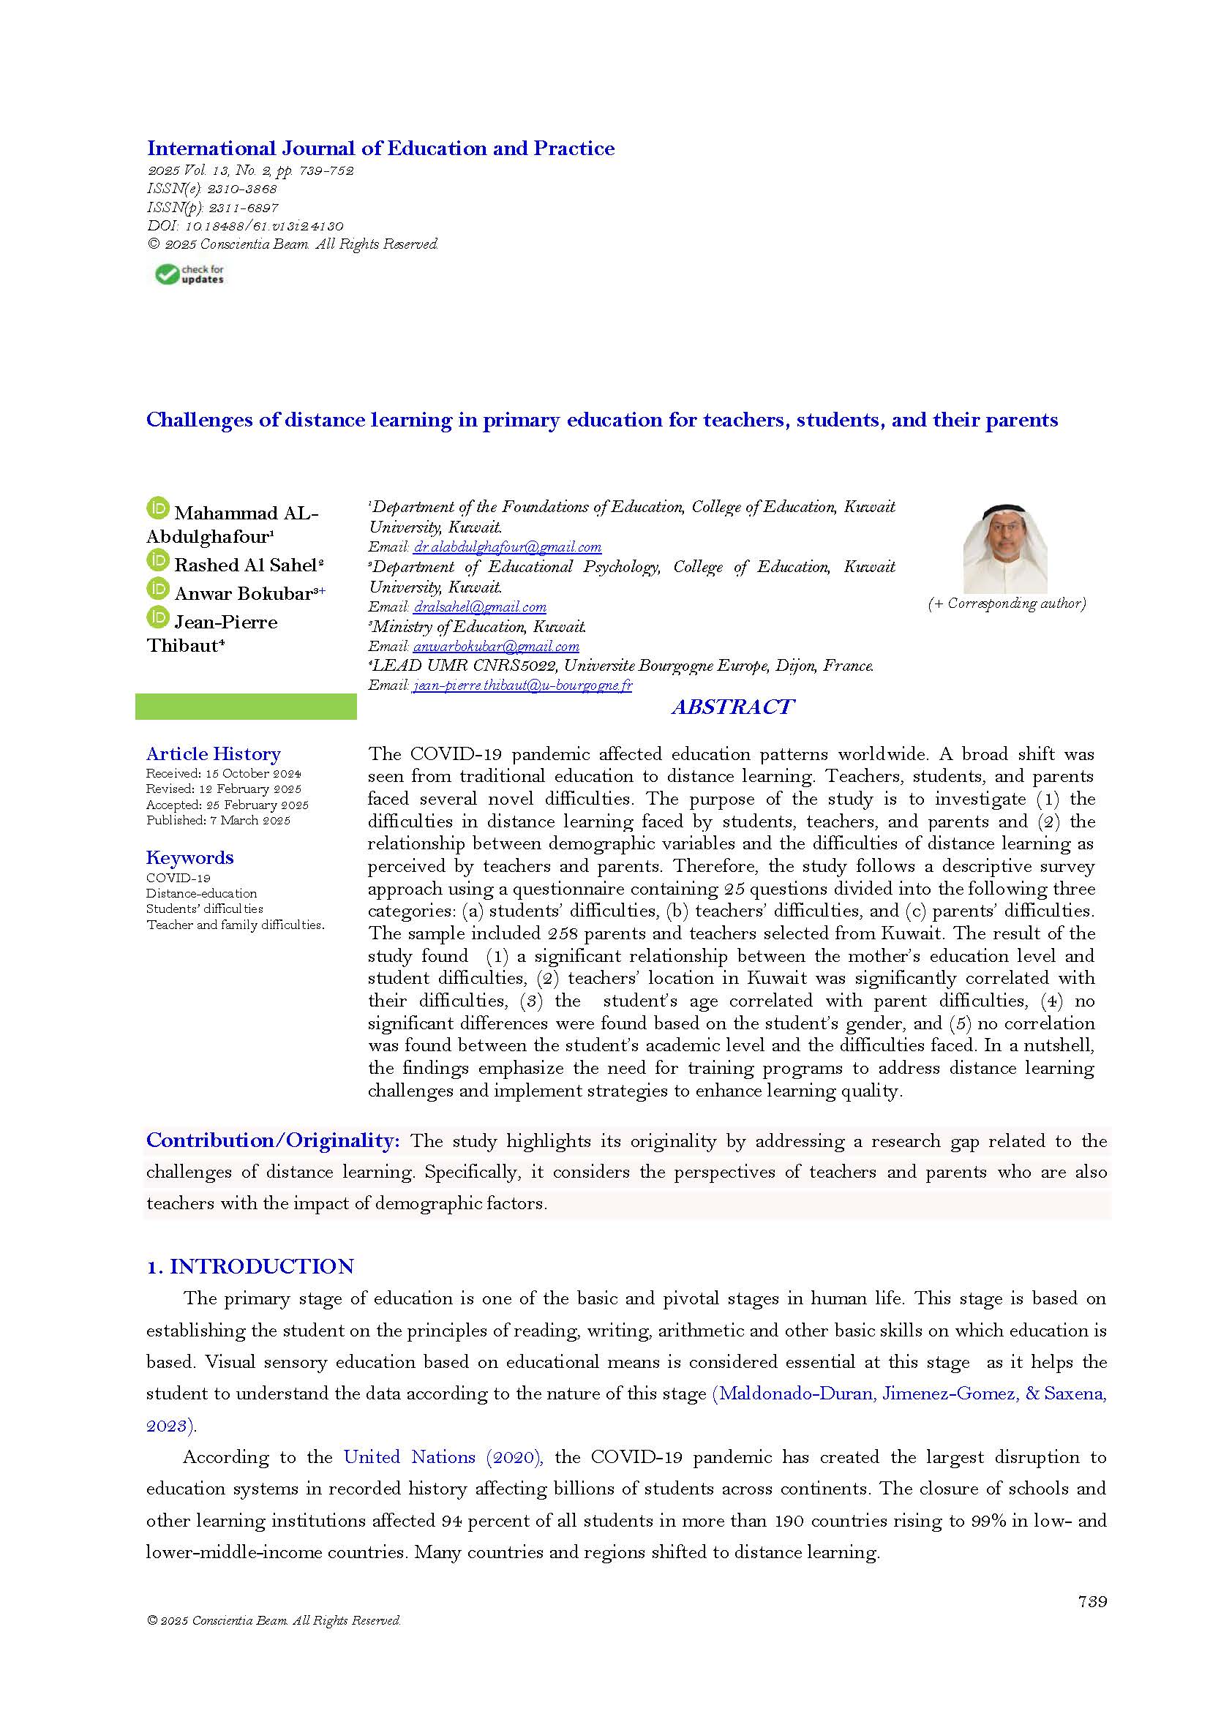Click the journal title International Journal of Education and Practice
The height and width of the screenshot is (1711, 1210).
pos(380,148)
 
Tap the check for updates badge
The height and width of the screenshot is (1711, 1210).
pos(189,274)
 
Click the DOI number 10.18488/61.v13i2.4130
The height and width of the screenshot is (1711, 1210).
pos(264,226)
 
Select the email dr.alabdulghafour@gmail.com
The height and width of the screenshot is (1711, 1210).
pos(507,547)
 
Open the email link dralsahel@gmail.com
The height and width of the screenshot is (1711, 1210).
pos(480,607)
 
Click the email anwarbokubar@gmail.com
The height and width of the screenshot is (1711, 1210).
pos(495,647)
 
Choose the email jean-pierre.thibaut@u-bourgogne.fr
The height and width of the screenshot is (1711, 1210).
pos(522,685)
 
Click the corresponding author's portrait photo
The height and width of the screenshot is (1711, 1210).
pos(1004,549)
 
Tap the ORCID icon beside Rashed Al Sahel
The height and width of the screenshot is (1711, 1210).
pos(158,560)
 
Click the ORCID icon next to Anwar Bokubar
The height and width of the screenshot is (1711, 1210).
pos(158,589)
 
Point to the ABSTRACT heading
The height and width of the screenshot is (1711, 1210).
pos(732,707)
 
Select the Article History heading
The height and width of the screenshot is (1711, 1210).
pos(213,754)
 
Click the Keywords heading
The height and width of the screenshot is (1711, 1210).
pos(189,858)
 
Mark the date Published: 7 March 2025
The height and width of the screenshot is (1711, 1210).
pos(217,821)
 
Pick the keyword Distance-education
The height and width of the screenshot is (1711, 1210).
pos(201,893)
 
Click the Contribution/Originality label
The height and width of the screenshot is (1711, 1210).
pos(273,1140)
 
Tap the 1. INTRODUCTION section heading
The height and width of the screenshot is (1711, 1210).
pos(249,1267)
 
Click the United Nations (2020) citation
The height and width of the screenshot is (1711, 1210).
pos(443,1457)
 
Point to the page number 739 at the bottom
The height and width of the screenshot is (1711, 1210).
pos(1091,1601)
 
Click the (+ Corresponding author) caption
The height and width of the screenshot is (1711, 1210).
pos(1007,603)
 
